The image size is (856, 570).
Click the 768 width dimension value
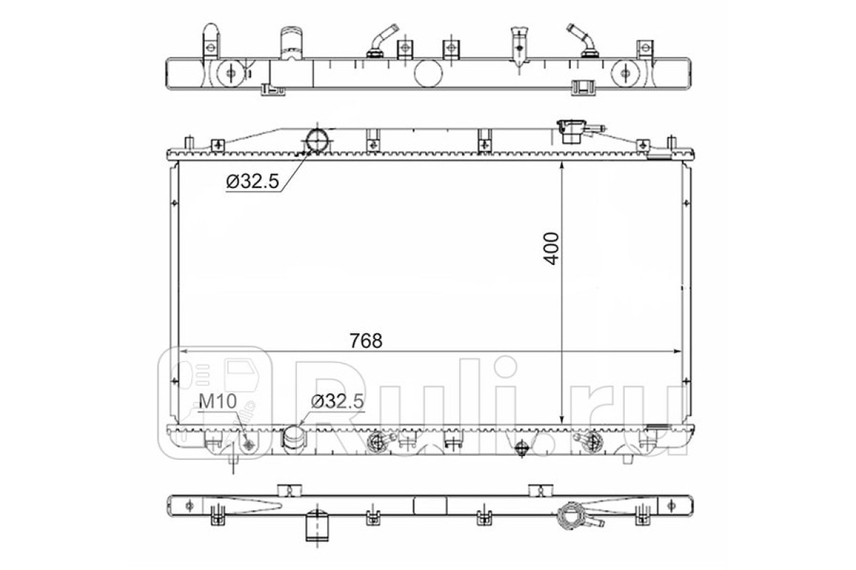pos(366,341)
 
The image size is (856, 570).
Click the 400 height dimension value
pos(551,248)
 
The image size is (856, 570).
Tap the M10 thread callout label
pos(218,401)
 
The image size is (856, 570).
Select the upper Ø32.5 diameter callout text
pos(253,182)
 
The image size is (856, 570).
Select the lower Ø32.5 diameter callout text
pos(337,401)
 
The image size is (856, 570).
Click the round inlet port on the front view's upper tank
pos(317,140)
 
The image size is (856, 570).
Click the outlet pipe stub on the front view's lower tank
pos(294,437)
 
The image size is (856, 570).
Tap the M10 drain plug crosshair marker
pos(249,444)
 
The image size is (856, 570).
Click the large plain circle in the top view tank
pos(428,73)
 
